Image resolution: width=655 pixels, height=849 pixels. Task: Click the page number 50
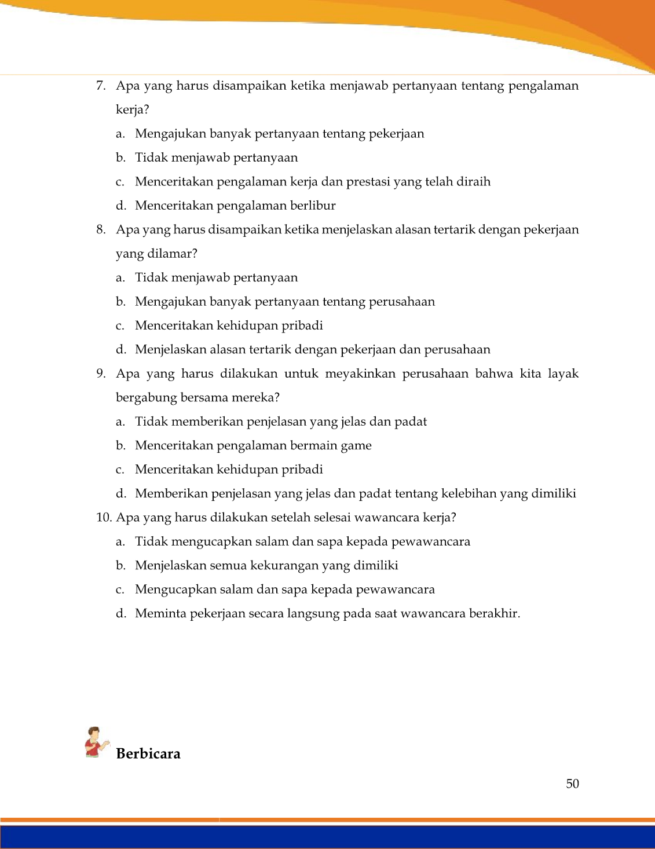click(x=572, y=784)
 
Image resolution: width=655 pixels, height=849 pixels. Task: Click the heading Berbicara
click(x=148, y=753)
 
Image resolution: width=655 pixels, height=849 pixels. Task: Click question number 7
click(x=101, y=86)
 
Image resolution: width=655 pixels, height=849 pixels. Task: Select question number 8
click(x=101, y=229)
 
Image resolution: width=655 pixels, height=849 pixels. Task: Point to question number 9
click(x=101, y=374)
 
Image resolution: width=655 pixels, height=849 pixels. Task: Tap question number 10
click(x=104, y=517)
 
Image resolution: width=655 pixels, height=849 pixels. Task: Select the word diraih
click(x=473, y=182)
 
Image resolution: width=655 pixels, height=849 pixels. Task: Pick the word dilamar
click(x=175, y=254)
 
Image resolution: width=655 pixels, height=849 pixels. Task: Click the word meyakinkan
click(x=360, y=374)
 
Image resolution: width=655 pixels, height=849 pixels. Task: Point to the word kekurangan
click(x=284, y=565)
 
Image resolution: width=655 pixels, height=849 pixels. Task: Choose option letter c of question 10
click(x=120, y=590)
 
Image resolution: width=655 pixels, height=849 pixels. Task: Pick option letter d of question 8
click(x=120, y=349)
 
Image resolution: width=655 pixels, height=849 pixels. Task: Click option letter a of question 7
click(x=120, y=134)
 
